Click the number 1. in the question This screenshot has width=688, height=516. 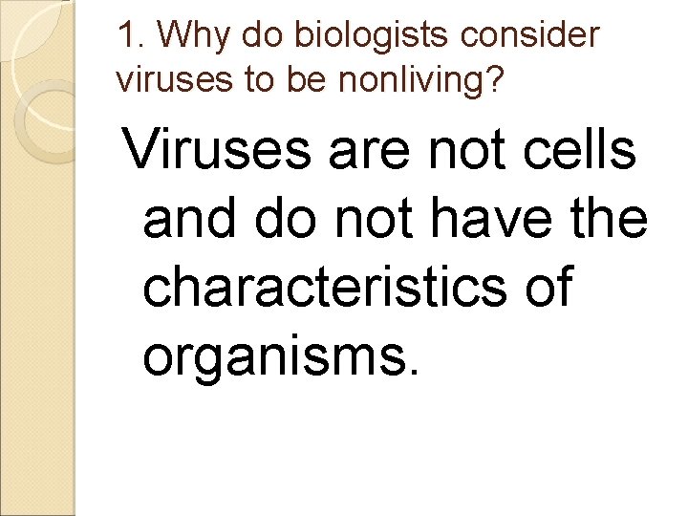[132, 35]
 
